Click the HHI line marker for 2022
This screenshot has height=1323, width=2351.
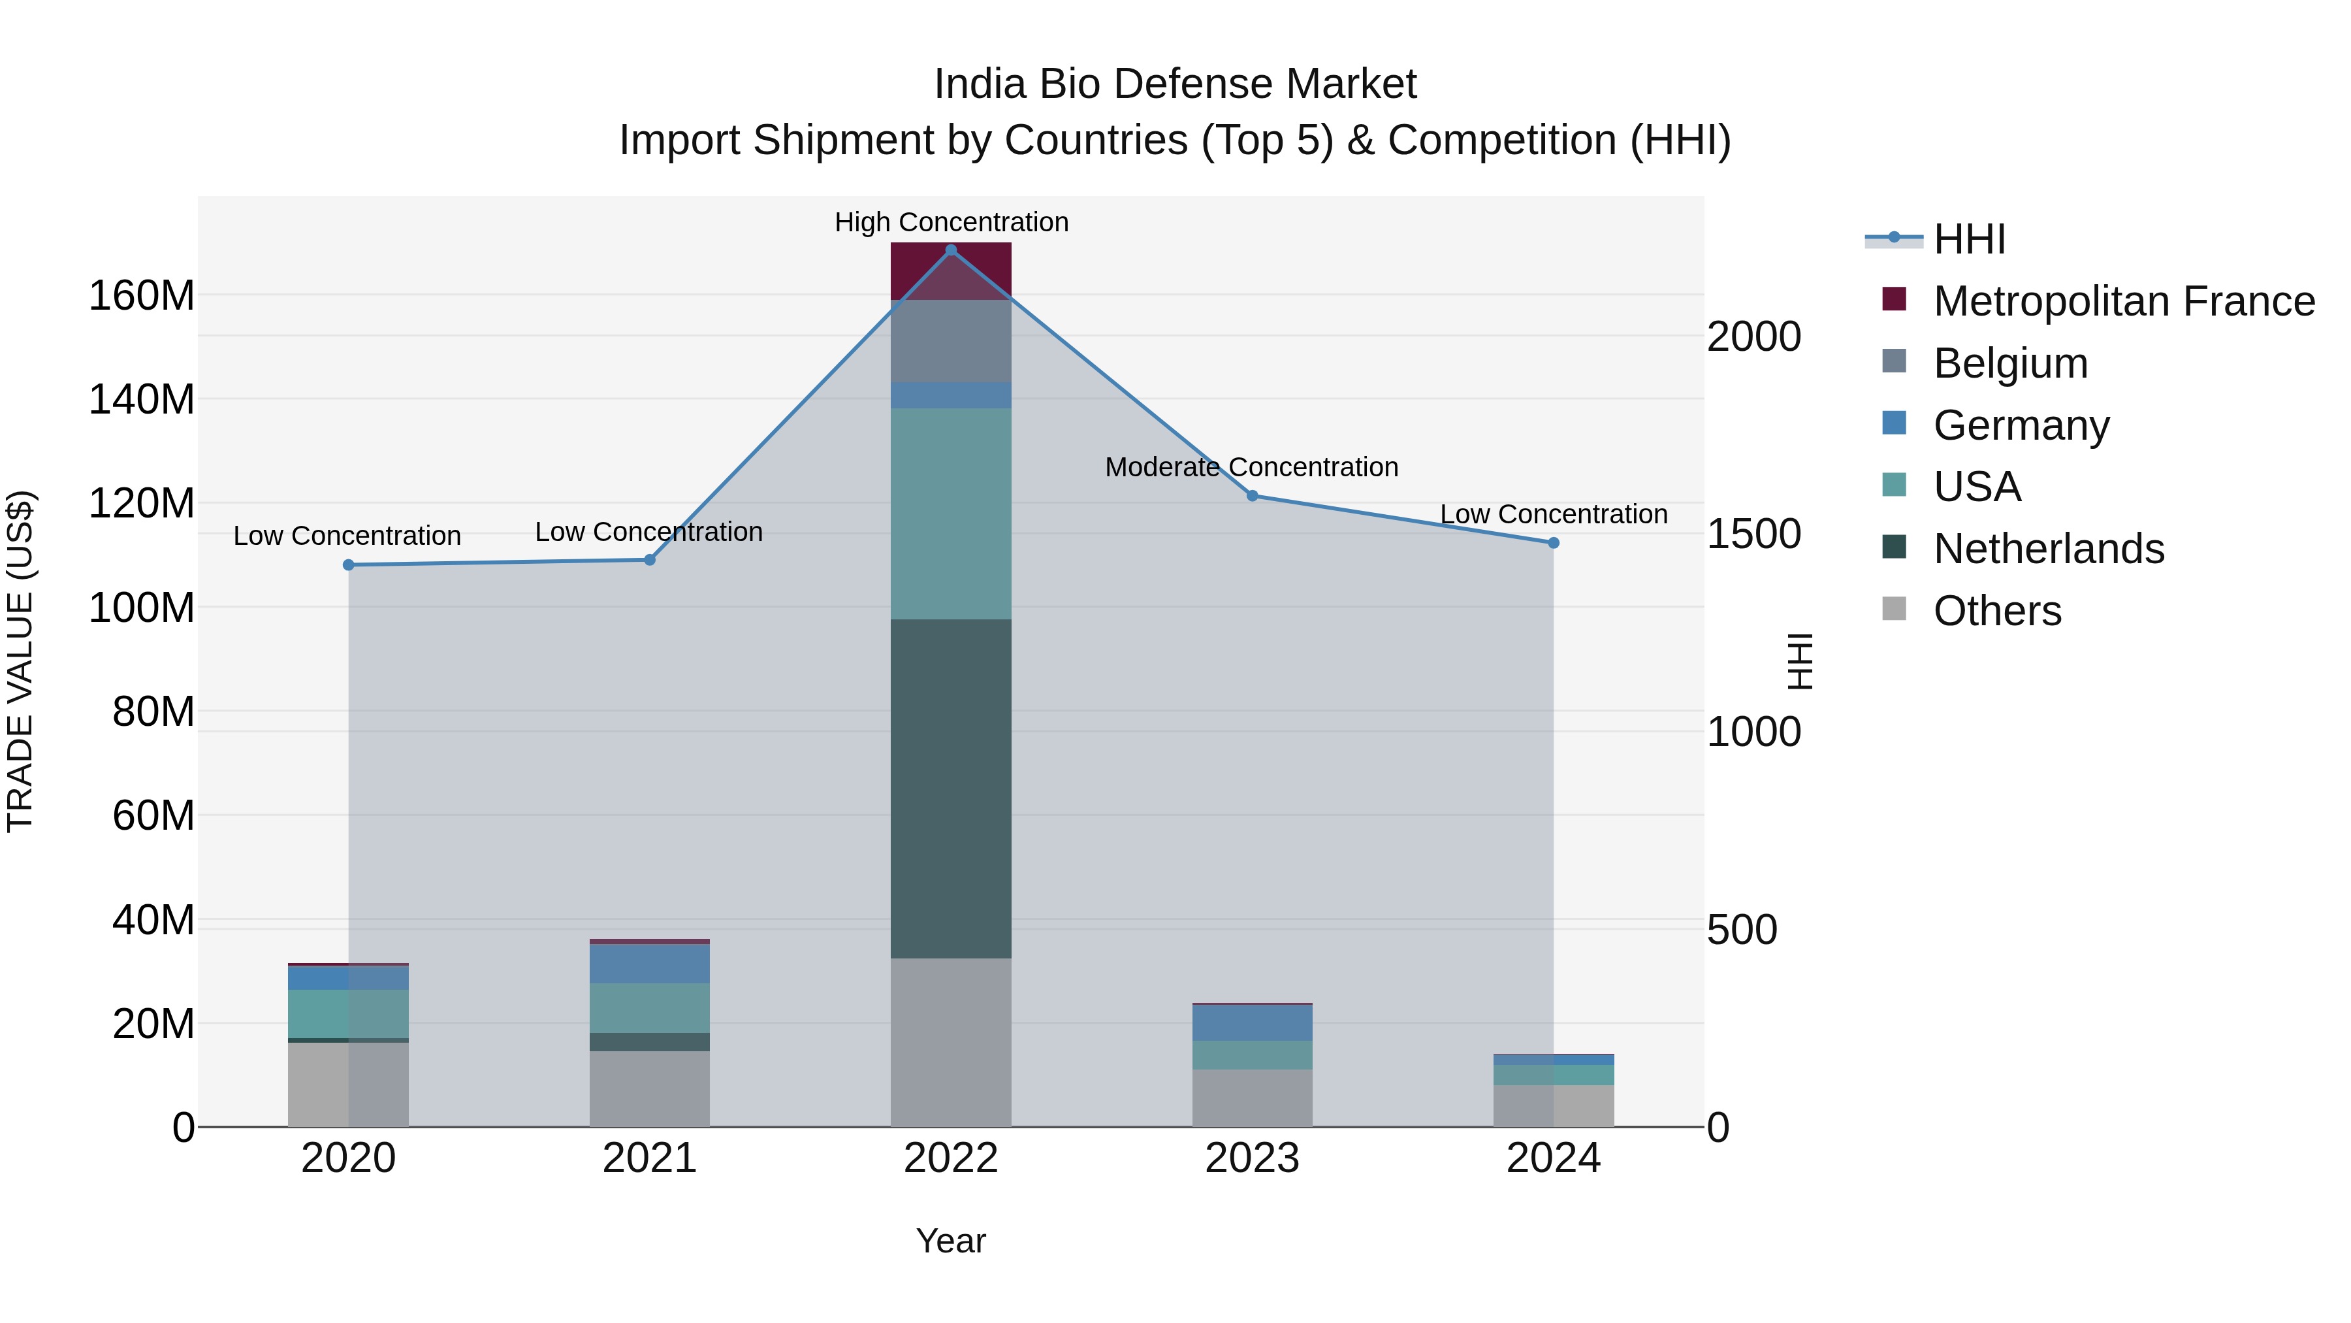pos(951,250)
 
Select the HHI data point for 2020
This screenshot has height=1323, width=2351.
pos(349,565)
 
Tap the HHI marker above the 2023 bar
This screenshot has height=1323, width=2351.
pos(1252,496)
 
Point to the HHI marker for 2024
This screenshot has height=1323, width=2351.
pos(1554,544)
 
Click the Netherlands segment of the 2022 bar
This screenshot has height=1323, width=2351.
pos(951,788)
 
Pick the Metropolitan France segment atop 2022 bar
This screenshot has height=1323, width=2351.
pos(951,272)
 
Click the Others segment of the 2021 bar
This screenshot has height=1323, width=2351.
pos(650,1088)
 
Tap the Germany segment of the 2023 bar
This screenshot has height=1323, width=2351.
pos(1252,1022)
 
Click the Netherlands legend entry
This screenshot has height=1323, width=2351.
pos(2049,549)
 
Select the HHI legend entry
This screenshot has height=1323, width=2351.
pos(1968,239)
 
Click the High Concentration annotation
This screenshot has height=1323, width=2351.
pos(951,222)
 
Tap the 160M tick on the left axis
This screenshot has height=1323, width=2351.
pos(142,296)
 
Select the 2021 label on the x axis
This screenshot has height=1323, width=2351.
pos(650,1158)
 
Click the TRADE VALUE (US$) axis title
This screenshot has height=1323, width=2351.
pos(20,661)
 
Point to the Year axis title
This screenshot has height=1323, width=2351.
pos(951,1241)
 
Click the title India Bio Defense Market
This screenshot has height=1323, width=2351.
pos(1175,84)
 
